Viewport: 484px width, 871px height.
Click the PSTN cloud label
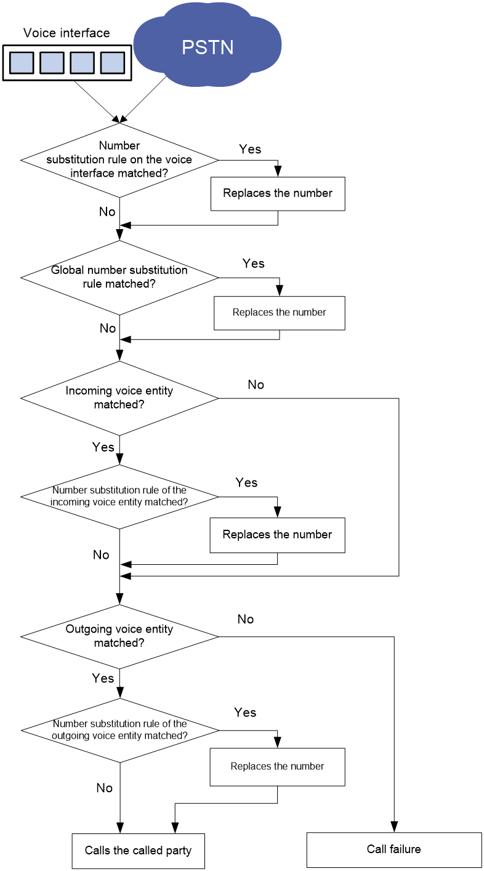coord(208,47)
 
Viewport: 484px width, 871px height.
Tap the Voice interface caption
coord(67,33)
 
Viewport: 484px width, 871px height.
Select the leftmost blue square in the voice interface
coord(22,63)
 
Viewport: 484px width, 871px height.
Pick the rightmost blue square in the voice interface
coord(112,63)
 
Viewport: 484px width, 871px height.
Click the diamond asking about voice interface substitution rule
coord(119,160)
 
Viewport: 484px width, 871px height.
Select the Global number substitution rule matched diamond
coord(119,278)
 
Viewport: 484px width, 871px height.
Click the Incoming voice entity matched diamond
coord(119,398)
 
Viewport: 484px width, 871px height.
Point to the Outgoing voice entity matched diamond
coord(119,636)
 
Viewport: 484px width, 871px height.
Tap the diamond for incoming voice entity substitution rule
coord(119,496)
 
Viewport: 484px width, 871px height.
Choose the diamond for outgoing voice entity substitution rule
coord(119,730)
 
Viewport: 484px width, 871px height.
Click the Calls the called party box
coord(139,851)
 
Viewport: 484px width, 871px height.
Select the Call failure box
coord(394,849)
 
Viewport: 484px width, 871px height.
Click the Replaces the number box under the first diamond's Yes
coord(278,193)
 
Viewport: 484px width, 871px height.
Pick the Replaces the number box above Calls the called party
coord(278,767)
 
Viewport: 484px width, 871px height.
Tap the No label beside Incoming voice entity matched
coord(256,384)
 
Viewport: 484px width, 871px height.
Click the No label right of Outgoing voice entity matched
coord(246,619)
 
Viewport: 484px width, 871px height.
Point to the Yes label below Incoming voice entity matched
coord(103,447)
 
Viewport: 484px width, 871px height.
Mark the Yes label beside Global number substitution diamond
coord(254,263)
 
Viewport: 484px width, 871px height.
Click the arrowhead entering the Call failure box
coord(394,827)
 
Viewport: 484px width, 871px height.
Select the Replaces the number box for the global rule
coord(280,313)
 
